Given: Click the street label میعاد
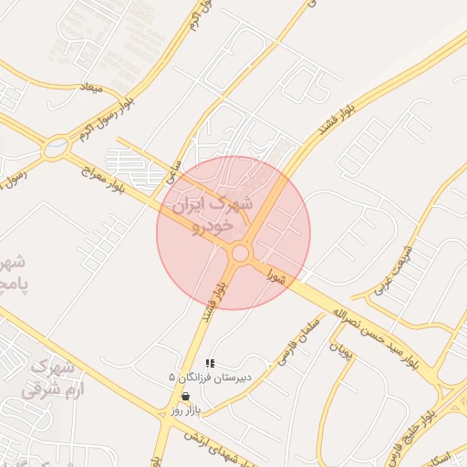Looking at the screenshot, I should [x=94, y=89].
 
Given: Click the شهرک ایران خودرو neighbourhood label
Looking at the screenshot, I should [x=205, y=213].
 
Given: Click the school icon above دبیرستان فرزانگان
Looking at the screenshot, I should [x=212, y=363].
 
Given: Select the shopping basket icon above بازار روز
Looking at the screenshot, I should [x=186, y=397].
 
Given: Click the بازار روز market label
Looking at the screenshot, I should [x=185, y=411].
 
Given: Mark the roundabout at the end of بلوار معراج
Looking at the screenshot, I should [x=57, y=145].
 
